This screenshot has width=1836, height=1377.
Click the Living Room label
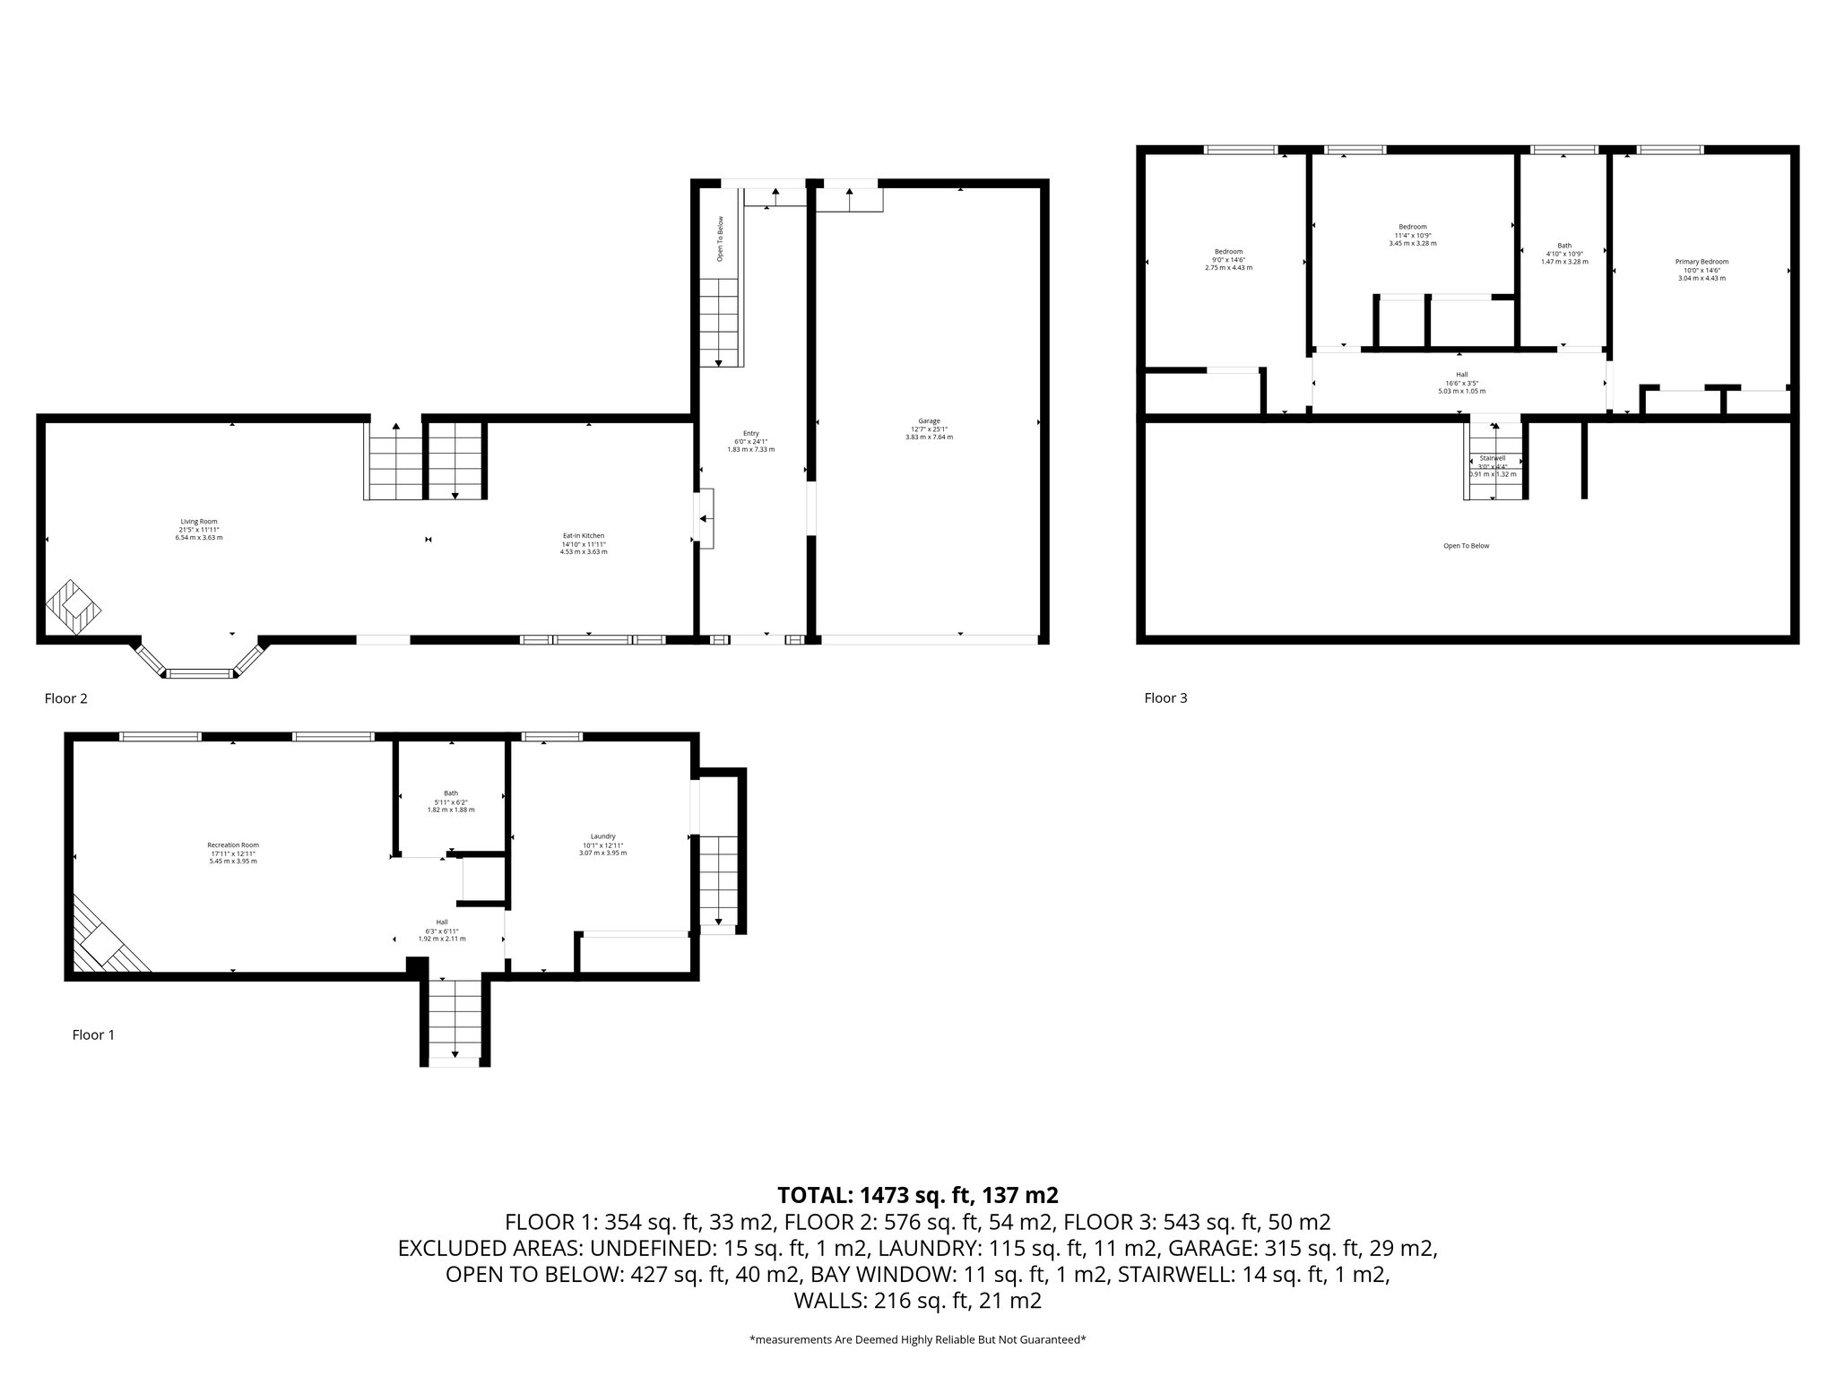tap(199, 529)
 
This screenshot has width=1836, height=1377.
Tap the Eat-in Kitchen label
tap(583, 543)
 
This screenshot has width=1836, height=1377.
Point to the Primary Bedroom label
tap(1702, 270)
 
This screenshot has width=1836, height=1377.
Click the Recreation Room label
tap(233, 853)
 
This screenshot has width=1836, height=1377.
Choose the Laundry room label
tap(602, 844)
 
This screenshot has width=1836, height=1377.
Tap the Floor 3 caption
tap(1165, 697)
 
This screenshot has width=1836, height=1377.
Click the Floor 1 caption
tap(93, 1035)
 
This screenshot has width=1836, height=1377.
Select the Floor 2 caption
tap(66, 698)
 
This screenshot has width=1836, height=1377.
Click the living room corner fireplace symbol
tap(74, 607)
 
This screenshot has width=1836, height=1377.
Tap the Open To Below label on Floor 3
tap(1466, 546)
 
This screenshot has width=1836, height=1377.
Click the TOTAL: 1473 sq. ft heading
tap(918, 1194)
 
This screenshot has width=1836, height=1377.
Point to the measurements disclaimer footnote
tap(918, 1339)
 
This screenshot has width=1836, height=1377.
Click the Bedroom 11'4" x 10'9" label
tap(1412, 234)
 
